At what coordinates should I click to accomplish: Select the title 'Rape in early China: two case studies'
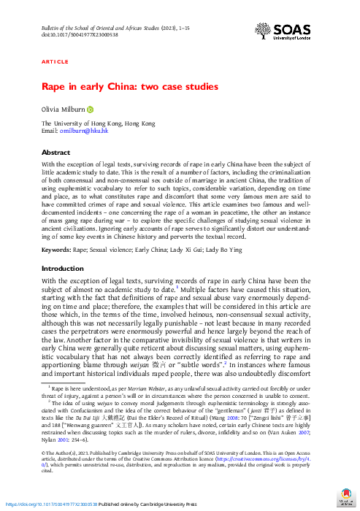[x=129, y=87]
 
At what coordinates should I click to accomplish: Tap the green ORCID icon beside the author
[x=91, y=110]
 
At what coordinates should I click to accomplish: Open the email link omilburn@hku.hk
[x=85, y=131]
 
